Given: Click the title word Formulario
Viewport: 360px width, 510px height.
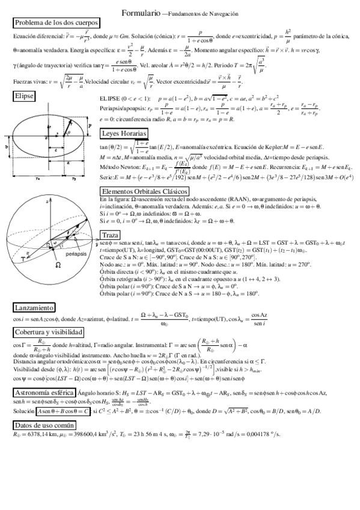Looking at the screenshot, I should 141,12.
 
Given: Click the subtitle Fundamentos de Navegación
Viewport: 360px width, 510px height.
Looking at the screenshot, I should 204,13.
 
